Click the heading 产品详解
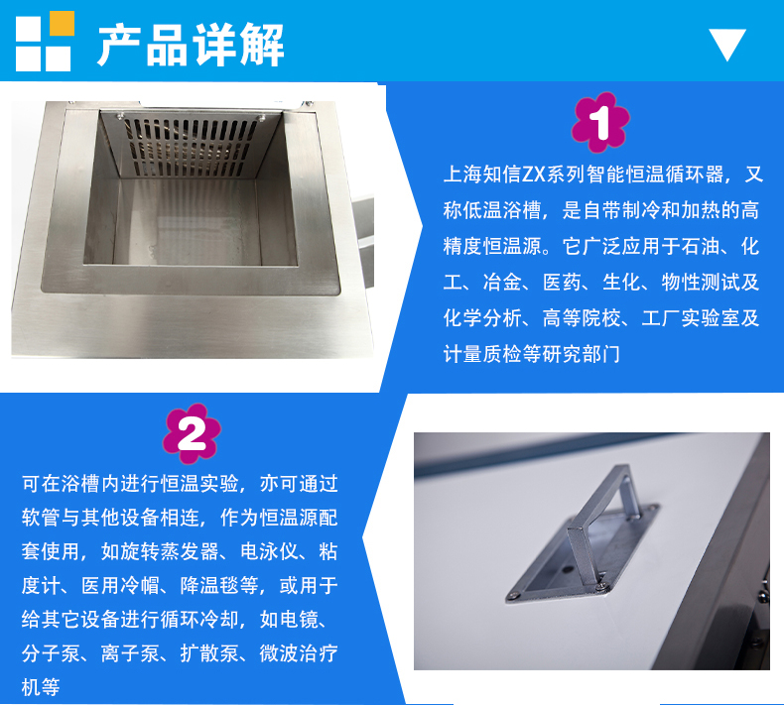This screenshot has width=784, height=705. pyautogui.click(x=191, y=45)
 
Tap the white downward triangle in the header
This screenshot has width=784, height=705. pyautogui.click(x=727, y=42)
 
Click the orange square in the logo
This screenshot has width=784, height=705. pyautogui.click(x=62, y=23)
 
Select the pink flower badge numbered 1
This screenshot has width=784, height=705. pyautogui.click(x=600, y=122)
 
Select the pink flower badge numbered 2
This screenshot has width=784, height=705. pyautogui.click(x=192, y=433)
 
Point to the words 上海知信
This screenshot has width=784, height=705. pyautogui.click(x=482, y=175)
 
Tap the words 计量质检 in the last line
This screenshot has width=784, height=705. pyautogui.click(x=482, y=354)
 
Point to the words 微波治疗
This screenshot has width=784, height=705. pyautogui.click(x=299, y=653)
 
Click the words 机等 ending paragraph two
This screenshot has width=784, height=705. pyautogui.click(x=41, y=687)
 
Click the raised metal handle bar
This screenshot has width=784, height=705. pyautogui.click(x=599, y=520)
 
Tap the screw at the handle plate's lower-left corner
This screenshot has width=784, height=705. pyautogui.click(x=512, y=595)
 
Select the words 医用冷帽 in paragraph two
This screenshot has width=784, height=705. pyautogui.click(x=120, y=586)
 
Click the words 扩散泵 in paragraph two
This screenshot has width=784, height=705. pyautogui.click(x=209, y=653)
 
